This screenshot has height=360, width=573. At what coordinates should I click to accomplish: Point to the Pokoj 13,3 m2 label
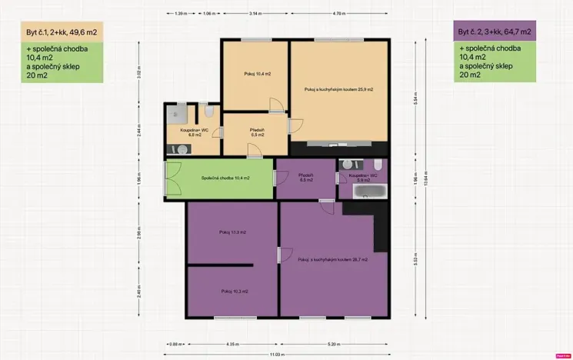click(x=232, y=232)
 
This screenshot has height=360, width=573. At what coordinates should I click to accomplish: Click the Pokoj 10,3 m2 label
click(x=235, y=292)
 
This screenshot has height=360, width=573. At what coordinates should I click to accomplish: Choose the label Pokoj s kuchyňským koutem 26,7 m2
click(x=332, y=260)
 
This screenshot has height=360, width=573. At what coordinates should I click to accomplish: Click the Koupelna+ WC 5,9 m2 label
click(x=361, y=177)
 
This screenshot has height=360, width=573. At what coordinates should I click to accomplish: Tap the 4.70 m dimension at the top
click(x=337, y=14)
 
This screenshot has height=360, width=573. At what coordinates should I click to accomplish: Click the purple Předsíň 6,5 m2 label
click(x=306, y=178)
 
